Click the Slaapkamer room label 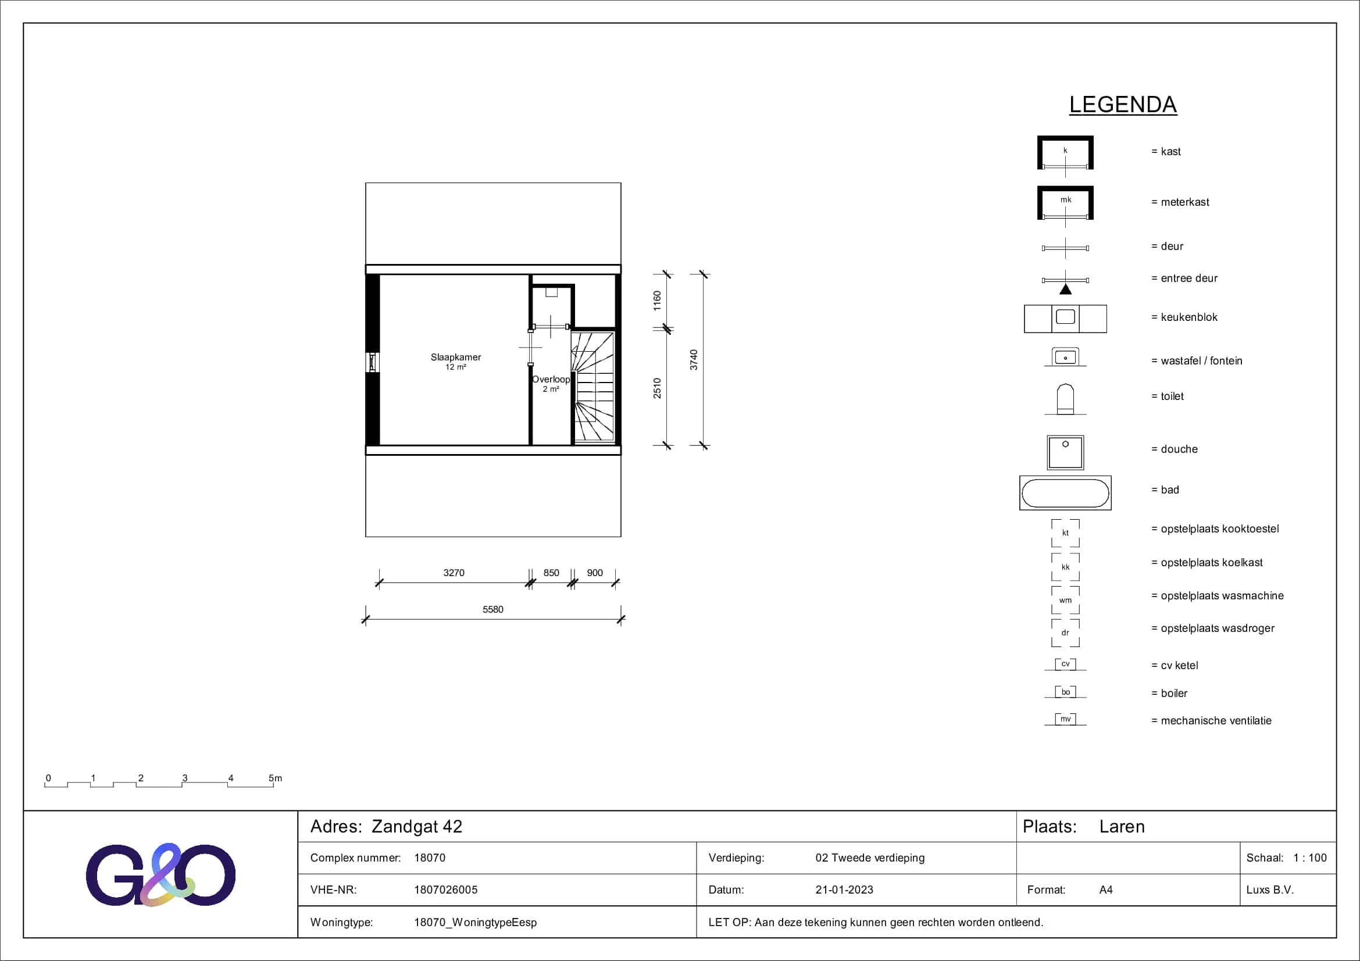click(455, 357)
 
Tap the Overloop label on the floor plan click(551, 379)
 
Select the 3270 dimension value click(454, 573)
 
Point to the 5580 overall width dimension click(493, 609)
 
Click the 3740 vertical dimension click(694, 360)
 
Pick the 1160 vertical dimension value click(657, 301)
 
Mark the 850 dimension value click(551, 573)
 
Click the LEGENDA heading click(1122, 105)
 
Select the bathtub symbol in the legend click(1065, 492)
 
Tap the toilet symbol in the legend click(1065, 399)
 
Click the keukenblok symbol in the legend click(1065, 319)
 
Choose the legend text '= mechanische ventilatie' click(1211, 720)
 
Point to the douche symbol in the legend click(1065, 452)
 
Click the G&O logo click(160, 874)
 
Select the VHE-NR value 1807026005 click(445, 889)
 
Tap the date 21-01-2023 click(844, 889)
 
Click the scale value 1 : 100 click(1309, 858)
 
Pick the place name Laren click(1122, 827)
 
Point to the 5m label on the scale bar click(276, 778)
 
